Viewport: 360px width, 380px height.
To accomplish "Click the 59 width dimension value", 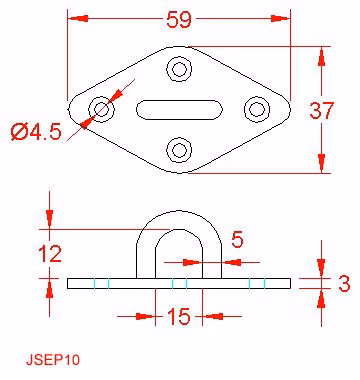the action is click(x=179, y=19).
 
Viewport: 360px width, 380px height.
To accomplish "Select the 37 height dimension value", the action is click(x=321, y=111).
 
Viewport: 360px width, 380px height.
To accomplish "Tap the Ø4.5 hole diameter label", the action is click(x=36, y=132).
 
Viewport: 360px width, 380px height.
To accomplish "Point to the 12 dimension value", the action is click(x=50, y=254).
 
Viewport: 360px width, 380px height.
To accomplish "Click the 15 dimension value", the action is click(x=179, y=316).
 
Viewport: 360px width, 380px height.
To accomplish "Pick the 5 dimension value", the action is click(x=237, y=240).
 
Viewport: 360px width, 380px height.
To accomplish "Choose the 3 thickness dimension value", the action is click(x=344, y=284).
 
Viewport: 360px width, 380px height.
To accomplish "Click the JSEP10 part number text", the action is click(x=53, y=360).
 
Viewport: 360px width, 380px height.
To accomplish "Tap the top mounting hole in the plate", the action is click(x=179, y=69).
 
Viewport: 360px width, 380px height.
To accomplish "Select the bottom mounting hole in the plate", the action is click(x=179, y=150).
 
